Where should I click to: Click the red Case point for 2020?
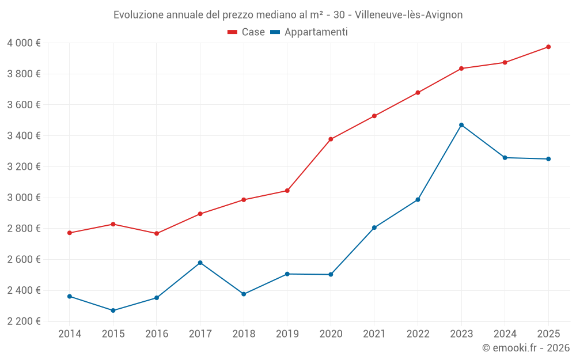click(x=331, y=139)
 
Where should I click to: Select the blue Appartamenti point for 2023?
click(x=461, y=125)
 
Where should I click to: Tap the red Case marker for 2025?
click(x=548, y=47)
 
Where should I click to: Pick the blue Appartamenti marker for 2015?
click(x=113, y=310)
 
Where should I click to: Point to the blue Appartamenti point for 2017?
click(x=200, y=263)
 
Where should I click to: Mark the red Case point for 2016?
click(x=157, y=233)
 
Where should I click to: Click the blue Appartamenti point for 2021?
click(x=374, y=228)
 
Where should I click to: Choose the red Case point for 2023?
click(x=461, y=69)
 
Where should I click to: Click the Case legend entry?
click(x=247, y=32)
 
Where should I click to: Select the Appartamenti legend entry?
click(x=309, y=32)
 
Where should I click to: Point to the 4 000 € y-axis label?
click(x=24, y=43)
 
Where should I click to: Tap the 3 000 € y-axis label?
click(x=24, y=198)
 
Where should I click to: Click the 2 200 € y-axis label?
click(x=24, y=321)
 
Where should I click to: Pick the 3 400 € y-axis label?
click(x=24, y=136)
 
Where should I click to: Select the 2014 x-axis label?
click(x=70, y=334)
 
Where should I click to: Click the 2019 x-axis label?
click(x=287, y=334)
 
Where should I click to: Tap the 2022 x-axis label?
click(x=418, y=334)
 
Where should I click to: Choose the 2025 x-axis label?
click(x=548, y=334)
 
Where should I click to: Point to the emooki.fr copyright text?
click(x=526, y=348)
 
